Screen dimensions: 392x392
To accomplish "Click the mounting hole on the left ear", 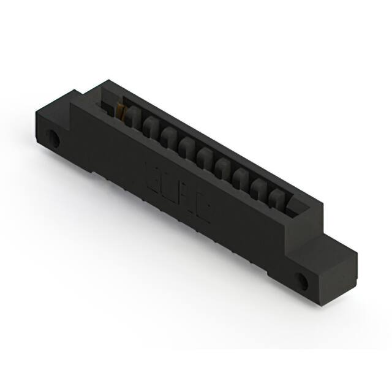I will pyautogui.click(x=55, y=139).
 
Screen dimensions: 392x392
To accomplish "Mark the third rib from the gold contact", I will pyautogui.click(x=170, y=137).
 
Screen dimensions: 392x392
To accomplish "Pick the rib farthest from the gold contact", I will pyautogui.click(x=277, y=195).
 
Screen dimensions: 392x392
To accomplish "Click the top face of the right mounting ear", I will pyautogui.click(x=334, y=244).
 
